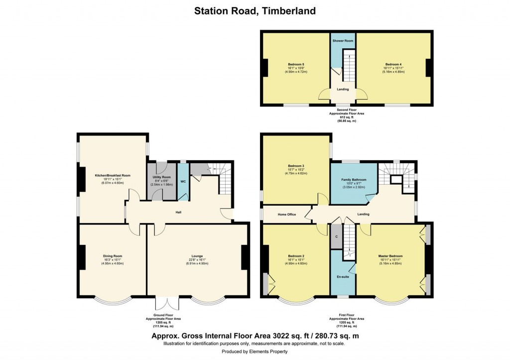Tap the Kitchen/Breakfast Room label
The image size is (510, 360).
(113, 175)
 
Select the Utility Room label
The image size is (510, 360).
(162, 177)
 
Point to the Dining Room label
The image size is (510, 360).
(113, 256)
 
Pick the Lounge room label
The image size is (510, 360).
(197, 256)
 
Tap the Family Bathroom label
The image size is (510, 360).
(354, 180)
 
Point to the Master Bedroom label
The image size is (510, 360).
(390, 256)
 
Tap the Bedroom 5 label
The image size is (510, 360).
(296, 64)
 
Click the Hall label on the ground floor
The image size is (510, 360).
(178, 212)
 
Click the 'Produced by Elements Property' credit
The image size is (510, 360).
(255, 351)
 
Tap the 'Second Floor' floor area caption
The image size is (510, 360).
(346, 115)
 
